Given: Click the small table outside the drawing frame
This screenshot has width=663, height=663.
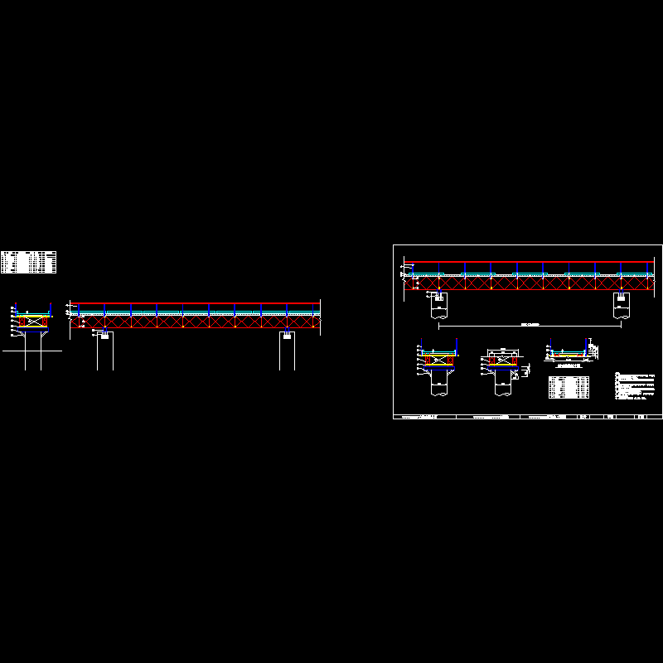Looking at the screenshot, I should click(29, 262).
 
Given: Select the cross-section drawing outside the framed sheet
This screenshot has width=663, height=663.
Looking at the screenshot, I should click(31, 319).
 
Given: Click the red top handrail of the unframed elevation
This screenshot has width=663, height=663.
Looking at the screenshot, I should click(195, 302).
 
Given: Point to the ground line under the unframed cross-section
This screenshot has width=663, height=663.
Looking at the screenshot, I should click(31, 351).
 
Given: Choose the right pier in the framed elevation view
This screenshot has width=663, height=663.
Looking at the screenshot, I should click(621, 306).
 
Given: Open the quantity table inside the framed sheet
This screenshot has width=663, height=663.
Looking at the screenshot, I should click(569, 387).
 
